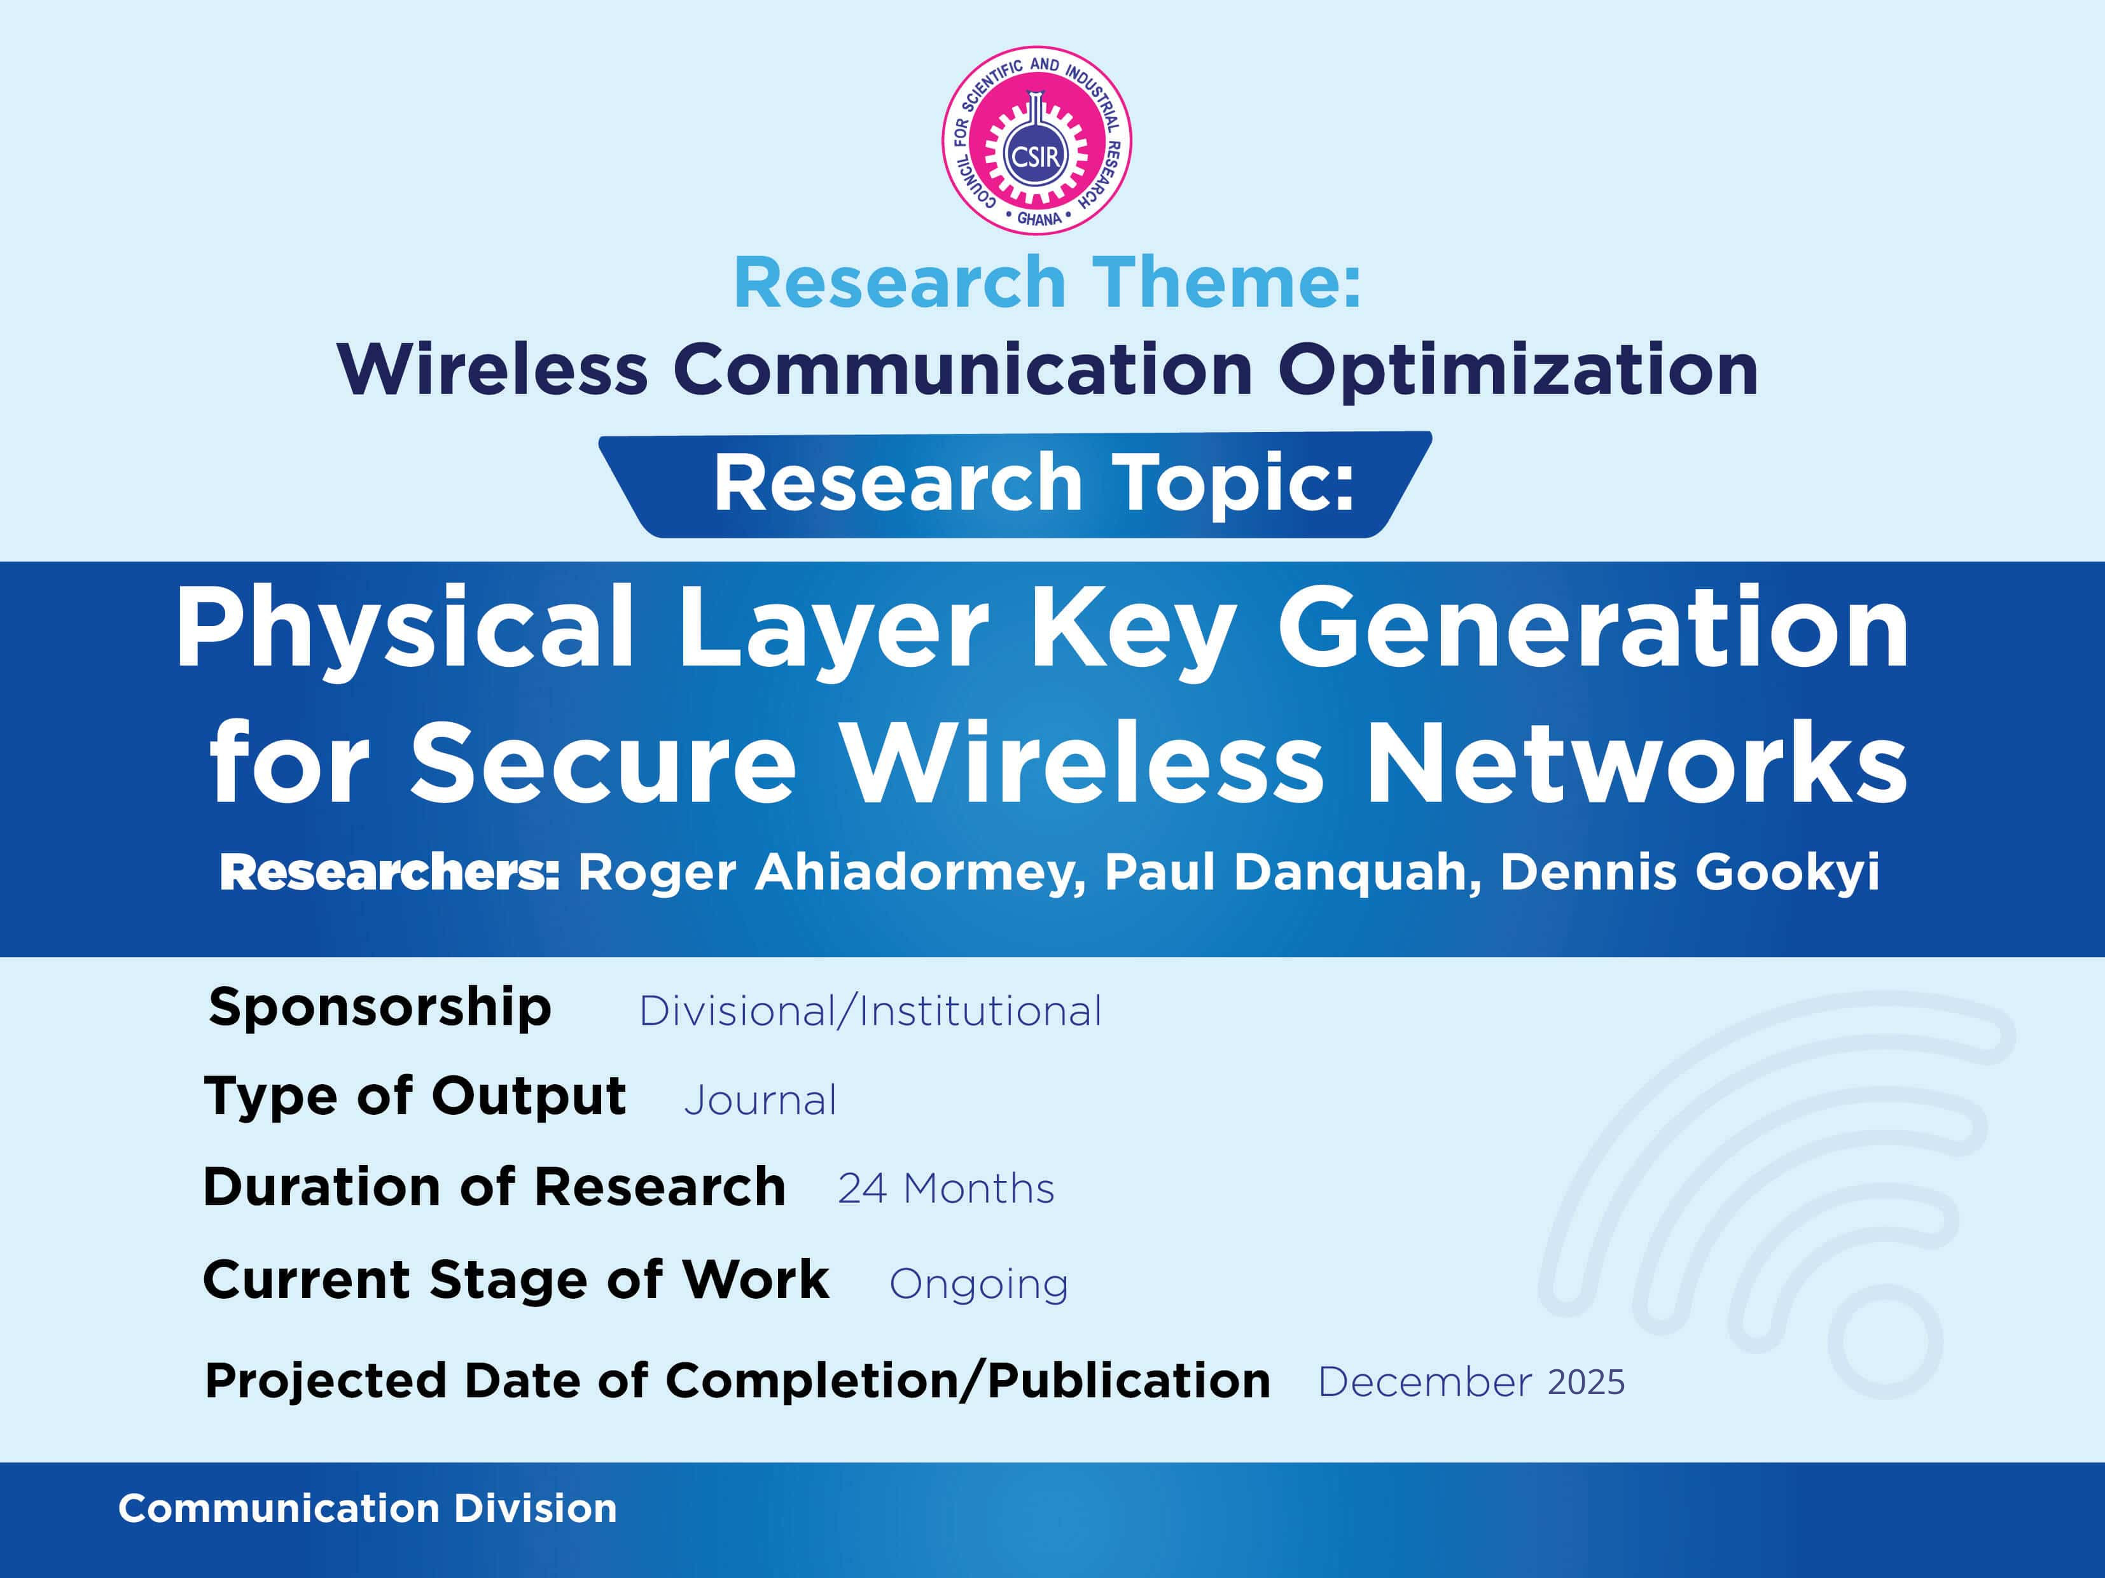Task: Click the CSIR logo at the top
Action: [1036, 140]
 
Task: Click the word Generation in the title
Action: [1593, 628]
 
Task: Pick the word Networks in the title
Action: [1637, 762]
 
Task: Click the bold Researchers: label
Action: [389, 872]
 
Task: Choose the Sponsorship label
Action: [380, 1007]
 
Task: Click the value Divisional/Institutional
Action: [870, 1011]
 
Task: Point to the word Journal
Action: [760, 1100]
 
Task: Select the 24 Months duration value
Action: [946, 1189]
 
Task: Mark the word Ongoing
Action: [978, 1285]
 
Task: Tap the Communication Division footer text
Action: [367, 1509]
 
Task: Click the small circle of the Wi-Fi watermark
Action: [1884, 1341]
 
